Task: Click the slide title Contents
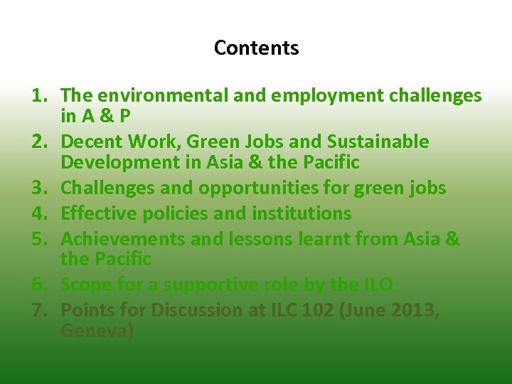(x=256, y=48)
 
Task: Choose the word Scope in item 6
(x=84, y=284)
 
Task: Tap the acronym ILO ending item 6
(x=376, y=284)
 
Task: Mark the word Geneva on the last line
(x=94, y=331)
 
